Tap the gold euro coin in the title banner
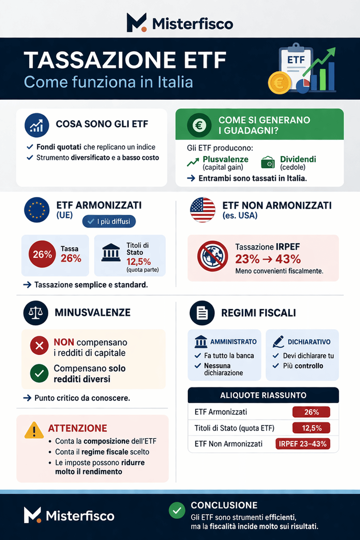(279, 83)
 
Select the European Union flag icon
(37, 210)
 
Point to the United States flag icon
(202, 210)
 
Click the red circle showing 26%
(42, 254)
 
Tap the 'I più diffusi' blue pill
(109, 221)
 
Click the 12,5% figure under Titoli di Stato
(139, 262)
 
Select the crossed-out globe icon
(212, 256)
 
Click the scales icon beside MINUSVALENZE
(36, 313)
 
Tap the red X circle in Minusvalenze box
(39, 346)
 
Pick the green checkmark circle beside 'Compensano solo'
(39, 373)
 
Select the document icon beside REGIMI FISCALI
(202, 313)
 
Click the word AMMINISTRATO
(233, 342)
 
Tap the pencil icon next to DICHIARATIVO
(278, 341)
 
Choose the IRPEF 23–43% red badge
(303, 444)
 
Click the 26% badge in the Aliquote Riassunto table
(311, 412)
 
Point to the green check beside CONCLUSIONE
(177, 510)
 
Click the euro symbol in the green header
(199, 125)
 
